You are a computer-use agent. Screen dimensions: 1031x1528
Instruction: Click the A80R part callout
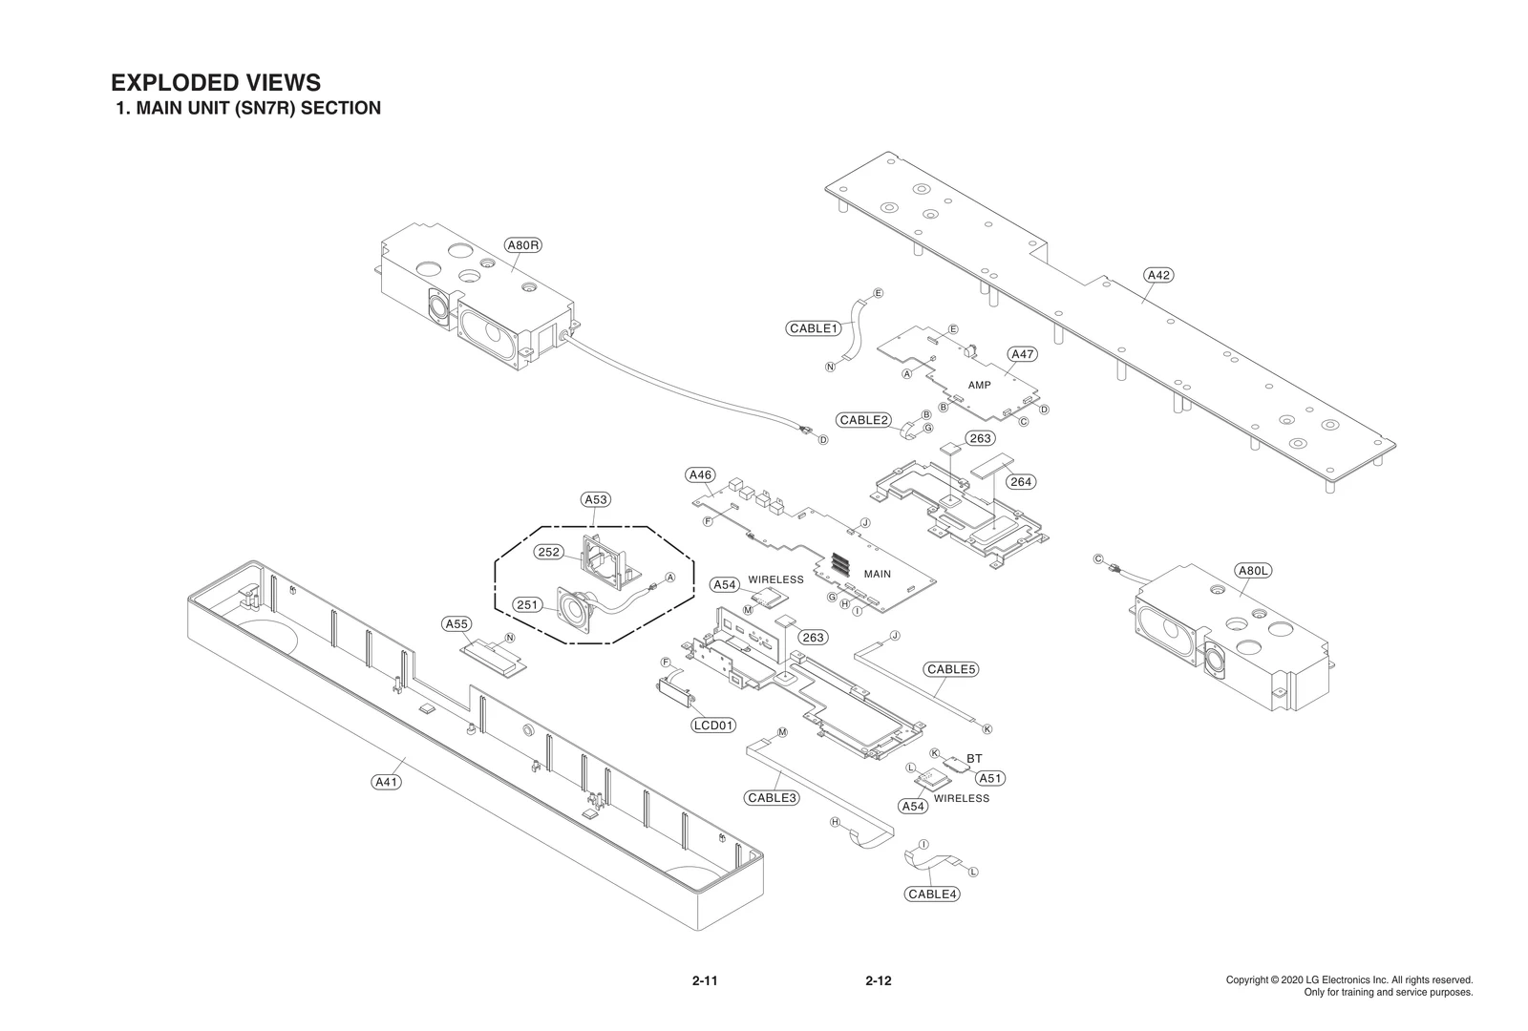click(x=523, y=245)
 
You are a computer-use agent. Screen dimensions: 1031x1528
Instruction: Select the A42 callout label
click(x=1157, y=275)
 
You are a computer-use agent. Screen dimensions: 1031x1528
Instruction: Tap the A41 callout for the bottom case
click(x=386, y=782)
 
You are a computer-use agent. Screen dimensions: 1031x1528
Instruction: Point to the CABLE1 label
click(x=814, y=328)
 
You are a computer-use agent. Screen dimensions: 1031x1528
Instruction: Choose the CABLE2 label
click(x=864, y=420)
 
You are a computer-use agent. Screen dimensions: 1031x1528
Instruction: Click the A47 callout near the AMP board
click(x=1022, y=354)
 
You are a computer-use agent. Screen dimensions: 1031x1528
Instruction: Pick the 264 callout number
click(x=1021, y=482)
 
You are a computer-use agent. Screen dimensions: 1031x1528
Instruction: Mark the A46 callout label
click(x=700, y=474)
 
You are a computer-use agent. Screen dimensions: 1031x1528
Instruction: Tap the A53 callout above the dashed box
click(x=596, y=499)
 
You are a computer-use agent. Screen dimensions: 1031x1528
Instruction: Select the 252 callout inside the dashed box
click(x=549, y=553)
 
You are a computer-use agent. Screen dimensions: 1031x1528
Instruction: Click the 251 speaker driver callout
click(x=528, y=604)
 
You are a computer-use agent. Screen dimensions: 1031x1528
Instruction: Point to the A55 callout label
click(x=456, y=624)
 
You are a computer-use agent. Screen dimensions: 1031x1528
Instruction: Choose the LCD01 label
click(x=713, y=726)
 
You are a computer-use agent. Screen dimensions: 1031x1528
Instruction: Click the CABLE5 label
click(x=951, y=669)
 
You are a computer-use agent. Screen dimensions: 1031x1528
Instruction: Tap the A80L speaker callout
click(x=1252, y=571)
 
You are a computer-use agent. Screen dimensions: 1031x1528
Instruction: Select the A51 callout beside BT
click(x=989, y=778)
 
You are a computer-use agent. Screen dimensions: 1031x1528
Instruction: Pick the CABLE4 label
click(x=932, y=894)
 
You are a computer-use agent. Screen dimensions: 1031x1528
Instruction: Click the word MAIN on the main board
click(x=877, y=574)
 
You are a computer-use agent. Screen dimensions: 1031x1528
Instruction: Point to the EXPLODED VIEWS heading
click(x=216, y=83)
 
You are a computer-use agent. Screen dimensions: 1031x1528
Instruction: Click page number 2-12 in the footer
click(x=878, y=980)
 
